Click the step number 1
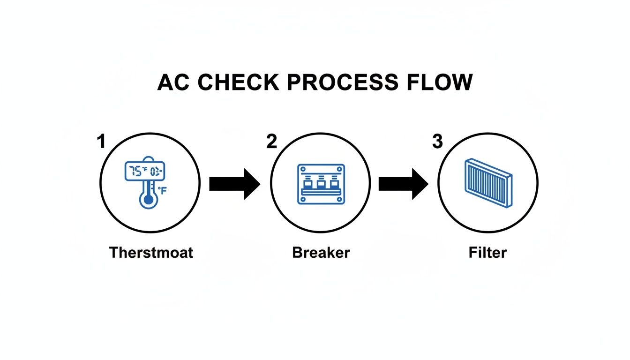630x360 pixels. [x=100, y=142]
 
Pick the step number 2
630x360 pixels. [x=271, y=142]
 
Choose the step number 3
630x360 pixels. [x=437, y=142]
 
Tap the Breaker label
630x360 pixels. [x=321, y=253]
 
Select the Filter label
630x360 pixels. [x=487, y=253]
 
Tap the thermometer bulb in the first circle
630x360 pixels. [x=149, y=200]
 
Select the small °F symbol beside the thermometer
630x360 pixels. [x=162, y=191]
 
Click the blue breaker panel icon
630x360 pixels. [x=321, y=184]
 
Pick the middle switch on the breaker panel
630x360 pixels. [x=321, y=182]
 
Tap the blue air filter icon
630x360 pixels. [x=488, y=183]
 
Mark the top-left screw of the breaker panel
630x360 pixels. [x=302, y=168]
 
